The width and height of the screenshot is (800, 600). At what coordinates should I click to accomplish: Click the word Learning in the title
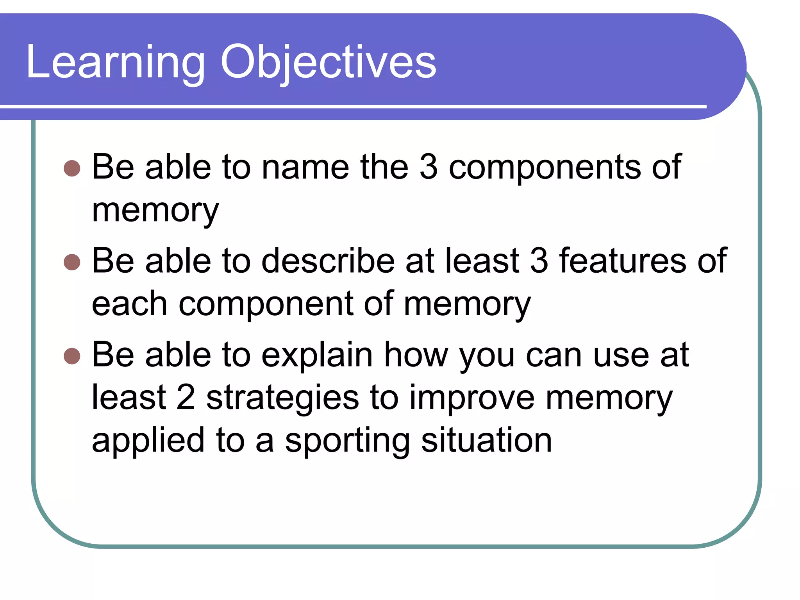(x=116, y=62)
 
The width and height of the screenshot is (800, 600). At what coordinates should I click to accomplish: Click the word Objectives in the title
(x=328, y=62)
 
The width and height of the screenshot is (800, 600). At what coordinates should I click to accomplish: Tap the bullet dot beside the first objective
(x=72, y=168)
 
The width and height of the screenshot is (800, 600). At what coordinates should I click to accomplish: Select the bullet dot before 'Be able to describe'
(x=72, y=262)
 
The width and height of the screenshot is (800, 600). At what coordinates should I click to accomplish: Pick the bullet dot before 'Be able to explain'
(x=72, y=356)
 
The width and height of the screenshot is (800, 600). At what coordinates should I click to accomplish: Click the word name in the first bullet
(x=305, y=168)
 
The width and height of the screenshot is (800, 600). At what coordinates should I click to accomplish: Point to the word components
(x=545, y=168)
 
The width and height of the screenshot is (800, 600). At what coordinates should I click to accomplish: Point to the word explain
(x=317, y=355)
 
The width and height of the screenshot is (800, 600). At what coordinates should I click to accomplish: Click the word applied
(x=148, y=441)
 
